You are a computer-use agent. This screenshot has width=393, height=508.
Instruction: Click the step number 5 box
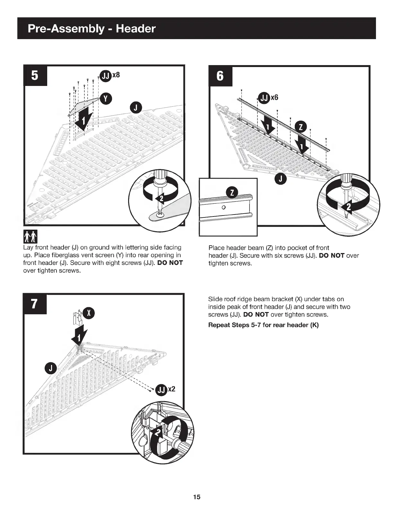pyautogui.click(x=35, y=76)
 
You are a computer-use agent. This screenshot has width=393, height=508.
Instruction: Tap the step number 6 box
pyautogui.click(x=220, y=76)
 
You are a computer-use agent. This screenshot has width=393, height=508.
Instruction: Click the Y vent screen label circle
pyautogui.click(x=106, y=98)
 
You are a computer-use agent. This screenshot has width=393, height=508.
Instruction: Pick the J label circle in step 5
pyautogui.click(x=136, y=108)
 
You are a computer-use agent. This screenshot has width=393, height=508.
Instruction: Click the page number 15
pyautogui.click(x=197, y=497)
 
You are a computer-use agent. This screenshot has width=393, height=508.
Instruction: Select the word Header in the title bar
pyautogui.click(x=135, y=29)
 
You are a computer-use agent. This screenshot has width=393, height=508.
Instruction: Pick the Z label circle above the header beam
pyautogui.click(x=301, y=127)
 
